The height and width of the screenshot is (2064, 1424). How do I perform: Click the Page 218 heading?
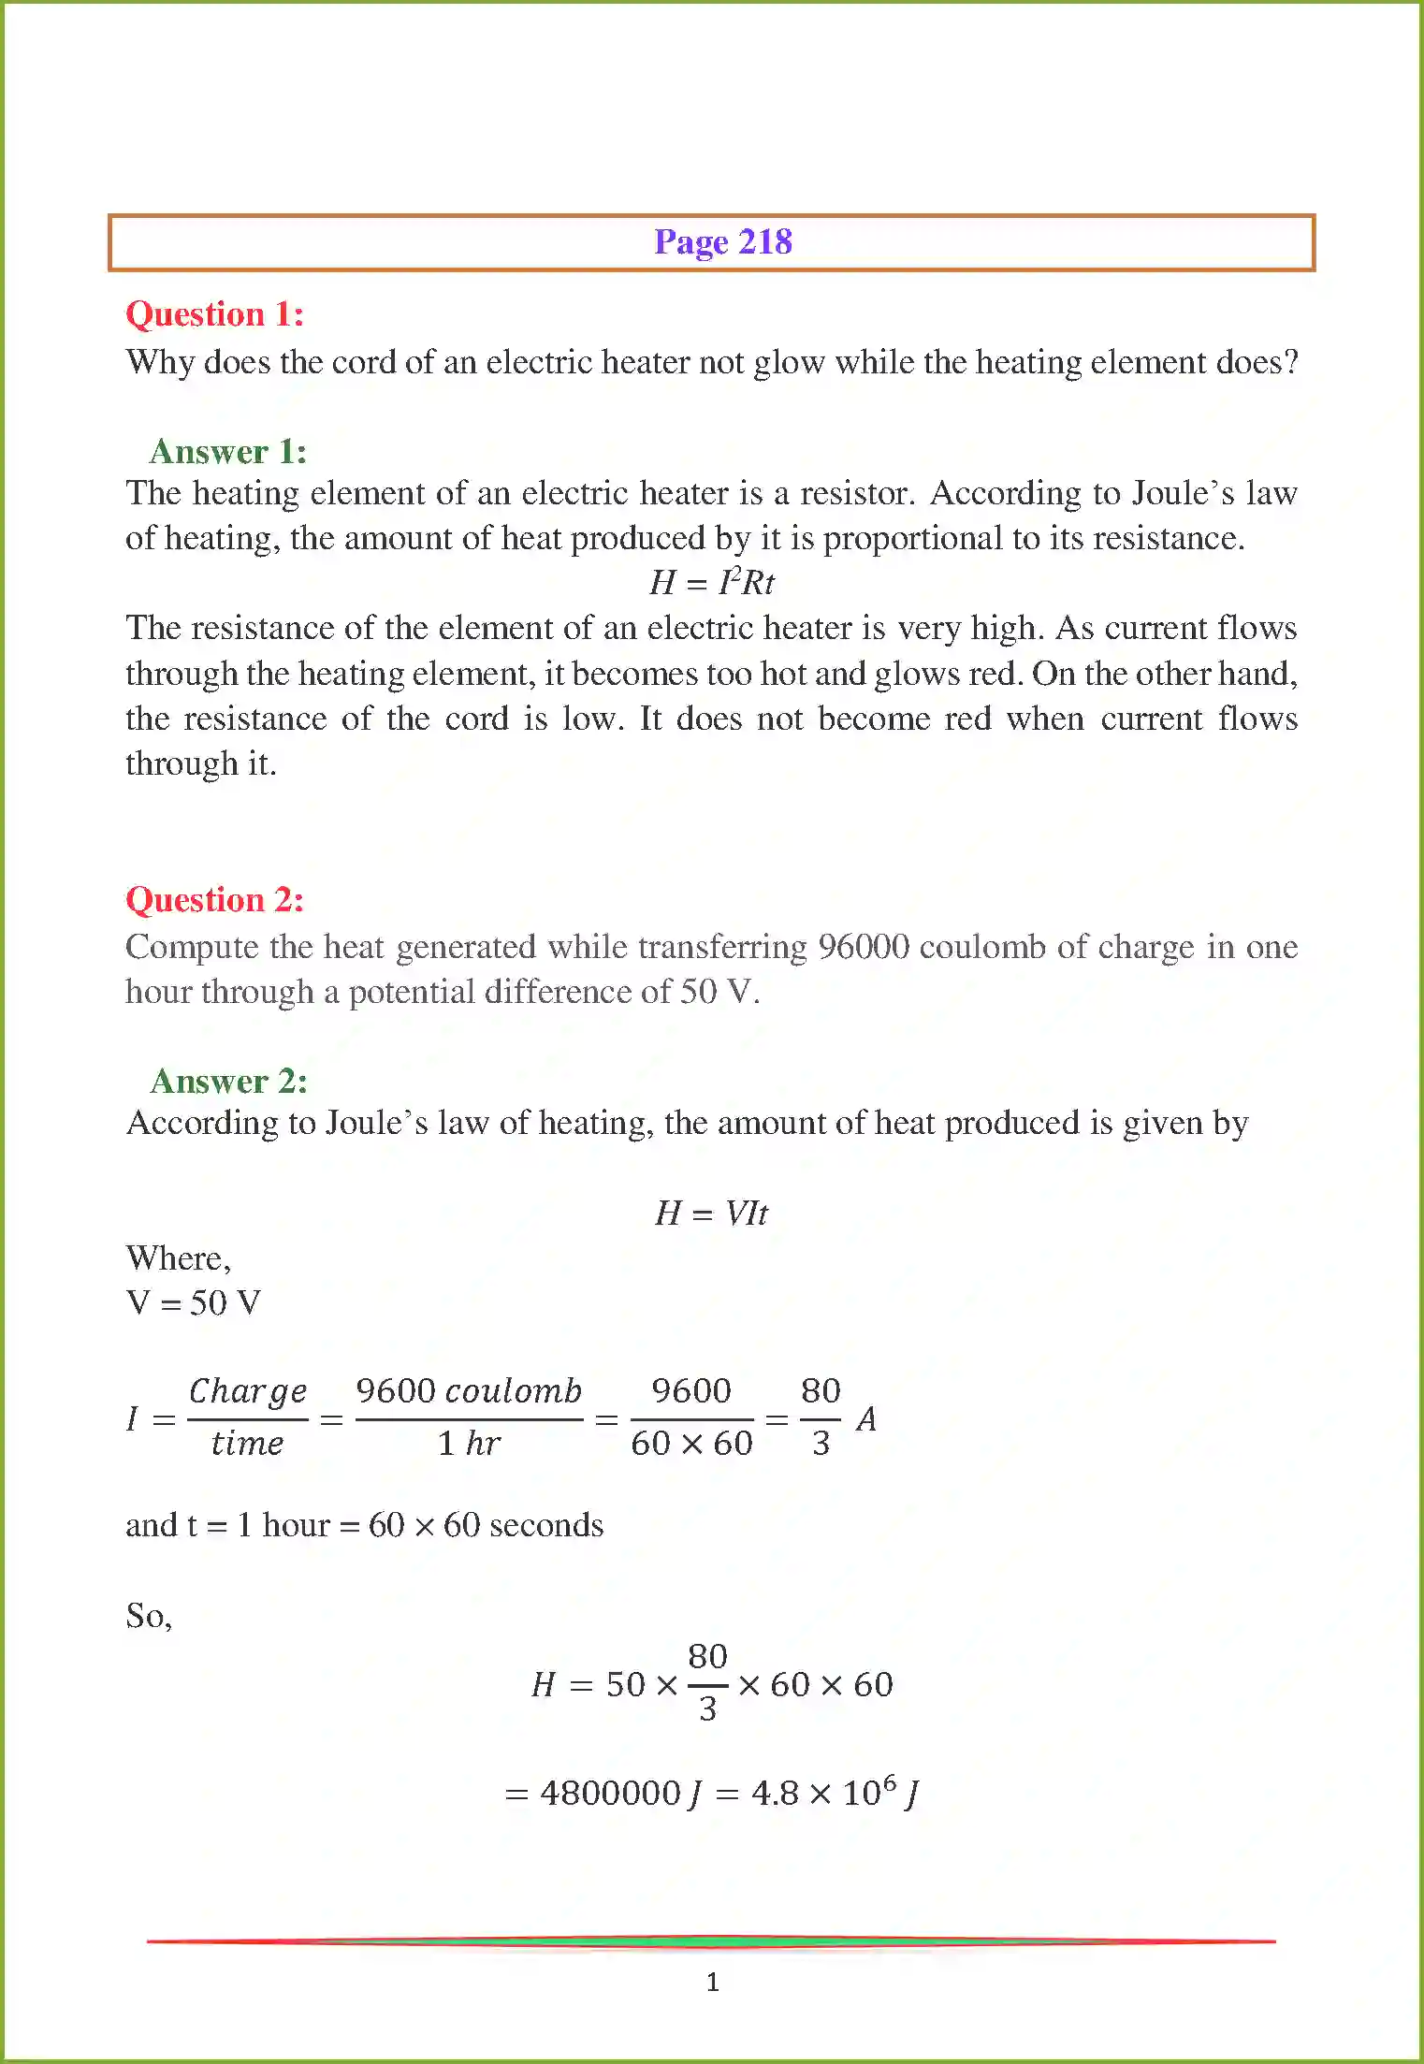pyautogui.click(x=722, y=242)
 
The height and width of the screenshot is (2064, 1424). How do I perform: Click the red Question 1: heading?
pyautogui.click(x=215, y=314)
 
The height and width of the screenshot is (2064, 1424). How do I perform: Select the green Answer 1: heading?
pyautogui.click(x=228, y=452)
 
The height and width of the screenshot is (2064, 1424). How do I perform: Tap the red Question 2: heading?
pyautogui.click(x=215, y=900)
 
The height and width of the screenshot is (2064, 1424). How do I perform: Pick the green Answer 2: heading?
pyautogui.click(x=229, y=1082)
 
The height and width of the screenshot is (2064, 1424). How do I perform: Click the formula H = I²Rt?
pyautogui.click(x=712, y=582)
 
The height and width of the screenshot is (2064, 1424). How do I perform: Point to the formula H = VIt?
pyautogui.click(x=711, y=1214)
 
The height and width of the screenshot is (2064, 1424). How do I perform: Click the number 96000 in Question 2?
pyautogui.click(x=863, y=947)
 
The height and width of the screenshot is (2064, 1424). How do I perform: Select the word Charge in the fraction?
pyautogui.click(x=248, y=1391)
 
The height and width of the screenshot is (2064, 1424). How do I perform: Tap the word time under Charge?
pyautogui.click(x=247, y=1444)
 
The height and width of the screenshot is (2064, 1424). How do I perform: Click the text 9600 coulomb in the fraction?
pyautogui.click(x=469, y=1391)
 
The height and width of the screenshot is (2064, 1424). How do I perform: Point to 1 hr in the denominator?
pyautogui.click(x=469, y=1444)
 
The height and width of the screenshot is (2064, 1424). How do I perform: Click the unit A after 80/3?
pyautogui.click(x=866, y=1419)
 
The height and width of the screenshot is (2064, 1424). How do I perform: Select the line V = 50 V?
pyautogui.click(x=194, y=1303)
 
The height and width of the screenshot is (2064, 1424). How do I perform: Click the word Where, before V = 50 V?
pyautogui.click(x=178, y=1258)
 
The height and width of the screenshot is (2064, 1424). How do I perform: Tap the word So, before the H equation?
pyautogui.click(x=149, y=1616)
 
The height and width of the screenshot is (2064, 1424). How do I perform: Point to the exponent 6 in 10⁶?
pyautogui.click(x=890, y=1781)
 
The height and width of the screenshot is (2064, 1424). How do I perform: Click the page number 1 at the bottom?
pyautogui.click(x=713, y=1982)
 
